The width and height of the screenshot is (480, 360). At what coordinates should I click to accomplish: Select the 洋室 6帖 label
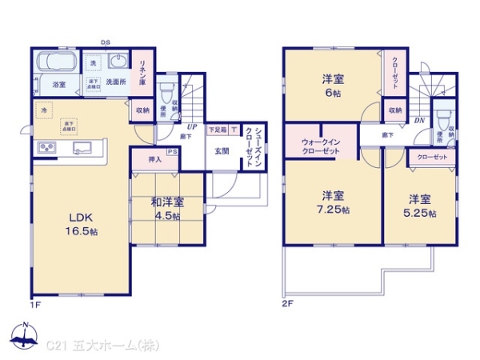coord(333,84)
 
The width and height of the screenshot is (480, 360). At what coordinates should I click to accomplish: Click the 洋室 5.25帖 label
coord(420,206)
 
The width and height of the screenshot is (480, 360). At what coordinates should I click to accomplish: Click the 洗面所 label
coord(118,81)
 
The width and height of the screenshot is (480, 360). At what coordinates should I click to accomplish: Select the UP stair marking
coord(192,126)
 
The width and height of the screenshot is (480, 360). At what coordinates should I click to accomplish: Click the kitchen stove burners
coord(46,148)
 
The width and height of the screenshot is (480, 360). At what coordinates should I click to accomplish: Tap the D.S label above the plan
coord(105,42)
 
